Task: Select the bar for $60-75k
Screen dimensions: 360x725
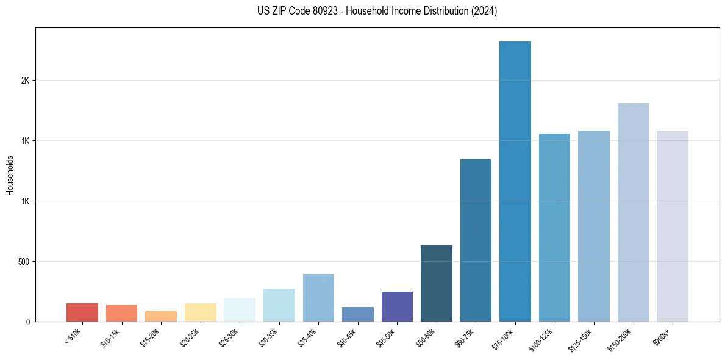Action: pos(476,240)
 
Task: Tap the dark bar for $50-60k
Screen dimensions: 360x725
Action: pos(436,283)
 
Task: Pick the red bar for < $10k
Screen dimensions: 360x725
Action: pos(82,312)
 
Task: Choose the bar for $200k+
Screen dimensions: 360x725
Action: pos(672,226)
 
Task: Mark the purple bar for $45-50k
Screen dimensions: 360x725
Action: pos(397,306)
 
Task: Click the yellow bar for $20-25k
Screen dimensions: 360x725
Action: pos(200,312)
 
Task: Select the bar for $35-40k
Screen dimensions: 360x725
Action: pos(318,298)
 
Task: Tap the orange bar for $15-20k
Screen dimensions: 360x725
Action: pos(161,316)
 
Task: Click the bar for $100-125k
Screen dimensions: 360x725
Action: pos(554,228)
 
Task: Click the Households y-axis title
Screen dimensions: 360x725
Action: pos(10,175)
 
